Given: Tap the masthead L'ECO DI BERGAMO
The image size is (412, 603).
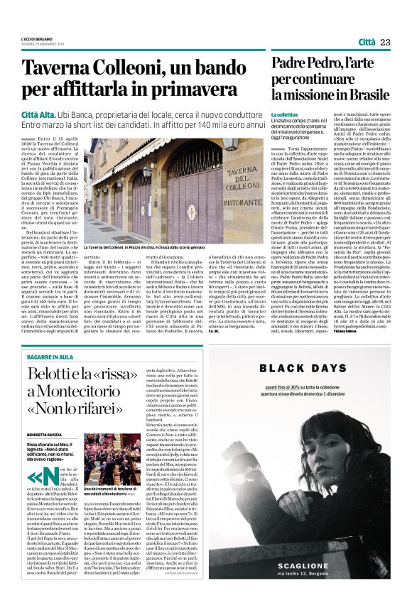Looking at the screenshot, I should [36, 38].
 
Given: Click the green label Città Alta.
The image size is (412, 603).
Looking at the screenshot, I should [38, 112].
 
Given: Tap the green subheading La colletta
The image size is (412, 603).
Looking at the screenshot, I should [285, 114].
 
